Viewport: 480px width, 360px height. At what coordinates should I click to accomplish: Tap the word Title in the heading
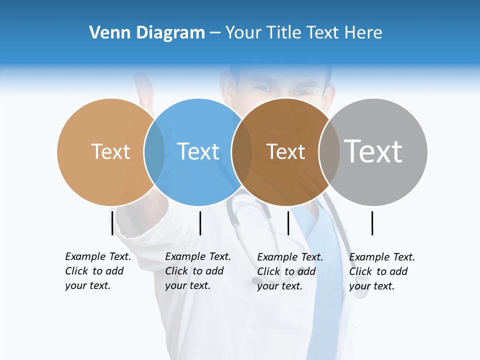pyautogui.click(x=284, y=33)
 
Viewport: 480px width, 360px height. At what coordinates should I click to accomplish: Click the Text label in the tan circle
pyautogui.click(x=110, y=151)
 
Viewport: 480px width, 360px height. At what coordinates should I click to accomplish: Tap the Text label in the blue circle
pyautogui.click(x=198, y=151)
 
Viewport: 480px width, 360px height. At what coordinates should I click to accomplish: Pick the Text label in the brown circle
pyautogui.click(x=285, y=151)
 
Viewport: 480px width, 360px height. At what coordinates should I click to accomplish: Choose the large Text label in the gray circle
pyautogui.click(x=373, y=151)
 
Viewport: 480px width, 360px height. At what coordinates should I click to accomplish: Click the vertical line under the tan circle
pyautogui.click(x=112, y=223)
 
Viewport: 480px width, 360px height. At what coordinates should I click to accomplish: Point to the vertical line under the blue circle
pyautogui.click(x=200, y=223)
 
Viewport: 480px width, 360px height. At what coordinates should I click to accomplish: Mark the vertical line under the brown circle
pyautogui.click(x=288, y=223)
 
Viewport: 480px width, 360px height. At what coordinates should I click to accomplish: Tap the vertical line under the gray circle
pyautogui.click(x=372, y=223)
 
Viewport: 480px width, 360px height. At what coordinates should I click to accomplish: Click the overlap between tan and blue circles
pyautogui.click(x=154, y=152)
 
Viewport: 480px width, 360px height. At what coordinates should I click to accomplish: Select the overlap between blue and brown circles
pyautogui.click(x=242, y=152)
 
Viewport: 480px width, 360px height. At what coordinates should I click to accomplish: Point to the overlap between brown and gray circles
pyautogui.click(x=329, y=152)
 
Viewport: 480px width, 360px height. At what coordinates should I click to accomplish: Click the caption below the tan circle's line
pyautogui.click(x=97, y=271)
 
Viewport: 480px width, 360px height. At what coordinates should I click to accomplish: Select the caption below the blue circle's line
pyautogui.click(x=197, y=271)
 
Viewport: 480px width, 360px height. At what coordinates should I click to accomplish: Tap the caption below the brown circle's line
pyautogui.click(x=289, y=271)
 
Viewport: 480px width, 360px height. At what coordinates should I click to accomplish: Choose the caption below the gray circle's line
pyautogui.click(x=381, y=271)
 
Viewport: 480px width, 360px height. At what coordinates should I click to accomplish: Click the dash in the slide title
pyautogui.click(x=215, y=33)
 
